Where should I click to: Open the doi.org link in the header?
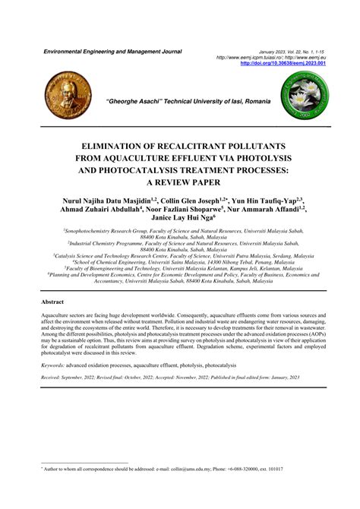pyautogui.click(x=284, y=64)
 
